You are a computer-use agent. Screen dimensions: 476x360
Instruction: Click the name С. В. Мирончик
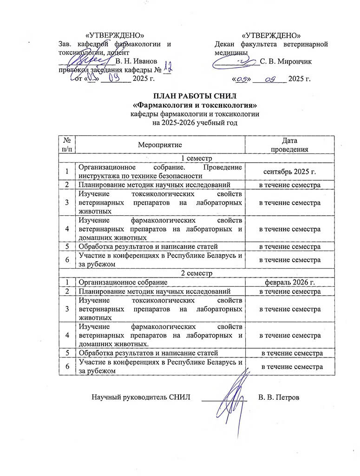[286, 61]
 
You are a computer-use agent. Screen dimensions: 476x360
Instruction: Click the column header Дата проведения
[290, 145]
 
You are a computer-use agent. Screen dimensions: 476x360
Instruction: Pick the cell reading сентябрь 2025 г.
[290, 172]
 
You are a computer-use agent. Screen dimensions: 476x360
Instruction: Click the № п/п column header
[67, 145]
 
